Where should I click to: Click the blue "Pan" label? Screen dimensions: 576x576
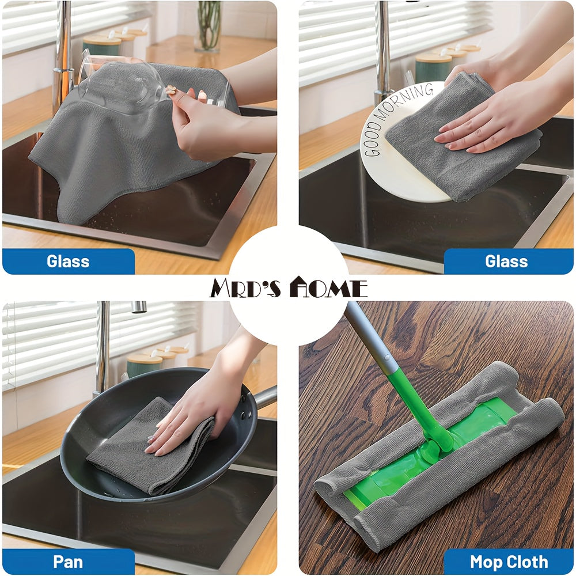pos(68,562)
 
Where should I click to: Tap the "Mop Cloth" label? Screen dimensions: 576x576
pos(509,562)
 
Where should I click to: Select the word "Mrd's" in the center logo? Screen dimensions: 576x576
pos(245,288)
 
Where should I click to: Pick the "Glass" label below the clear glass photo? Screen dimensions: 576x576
pos(68,261)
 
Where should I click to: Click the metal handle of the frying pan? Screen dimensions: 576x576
pos(265,396)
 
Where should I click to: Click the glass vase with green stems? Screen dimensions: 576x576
pos(209,26)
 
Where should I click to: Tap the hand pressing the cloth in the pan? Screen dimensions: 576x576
pos(195,411)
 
